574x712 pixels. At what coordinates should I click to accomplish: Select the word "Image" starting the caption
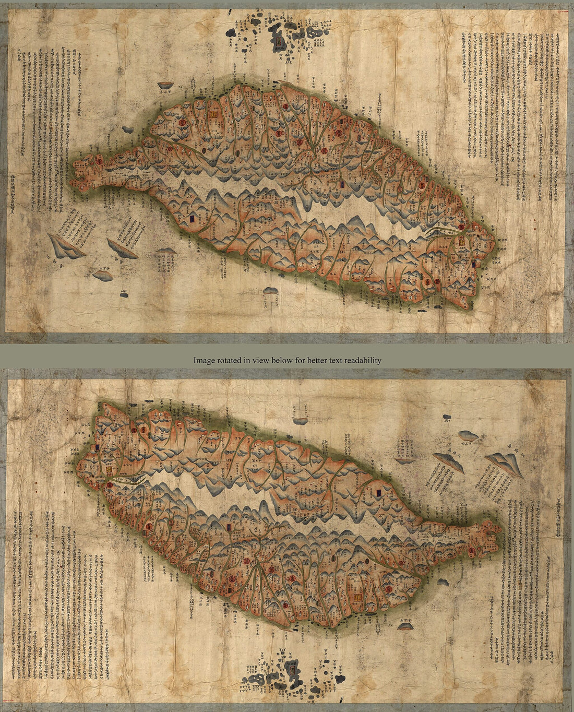[203, 360]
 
